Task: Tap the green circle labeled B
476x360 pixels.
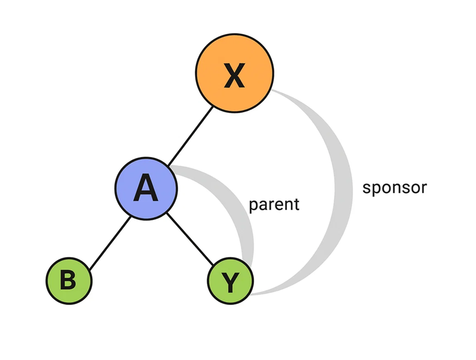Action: click(69, 281)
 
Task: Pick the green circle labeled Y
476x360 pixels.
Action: click(230, 281)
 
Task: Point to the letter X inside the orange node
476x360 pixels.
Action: click(234, 75)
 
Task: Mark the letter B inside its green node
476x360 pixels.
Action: click(68, 281)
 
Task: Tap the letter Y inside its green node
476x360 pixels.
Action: click(230, 283)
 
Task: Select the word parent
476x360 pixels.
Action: click(274, 205)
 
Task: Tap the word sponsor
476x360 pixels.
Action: click(394, 188)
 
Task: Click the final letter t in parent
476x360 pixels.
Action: click(296, 204)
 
